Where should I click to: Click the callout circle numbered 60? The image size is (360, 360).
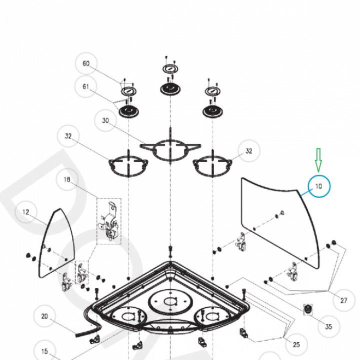click(85, 64)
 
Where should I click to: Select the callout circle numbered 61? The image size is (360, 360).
click(85, 86)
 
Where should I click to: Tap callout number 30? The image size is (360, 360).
click(105, 120)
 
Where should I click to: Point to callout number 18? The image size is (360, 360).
click(66, 179)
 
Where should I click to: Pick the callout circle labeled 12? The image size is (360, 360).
click(26, 212)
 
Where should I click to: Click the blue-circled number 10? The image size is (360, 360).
click(319, 186)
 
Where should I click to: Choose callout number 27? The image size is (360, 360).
click(343, 300)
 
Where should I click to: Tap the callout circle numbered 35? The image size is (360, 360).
click(328, 326)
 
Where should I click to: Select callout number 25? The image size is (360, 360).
click(296, 344)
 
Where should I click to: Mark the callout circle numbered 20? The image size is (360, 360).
click(44, 316)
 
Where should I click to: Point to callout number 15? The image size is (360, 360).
click(44, 351)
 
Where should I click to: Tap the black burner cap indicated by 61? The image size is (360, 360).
click(128, 111)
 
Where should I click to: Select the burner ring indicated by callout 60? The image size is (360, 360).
click(128, 91)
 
